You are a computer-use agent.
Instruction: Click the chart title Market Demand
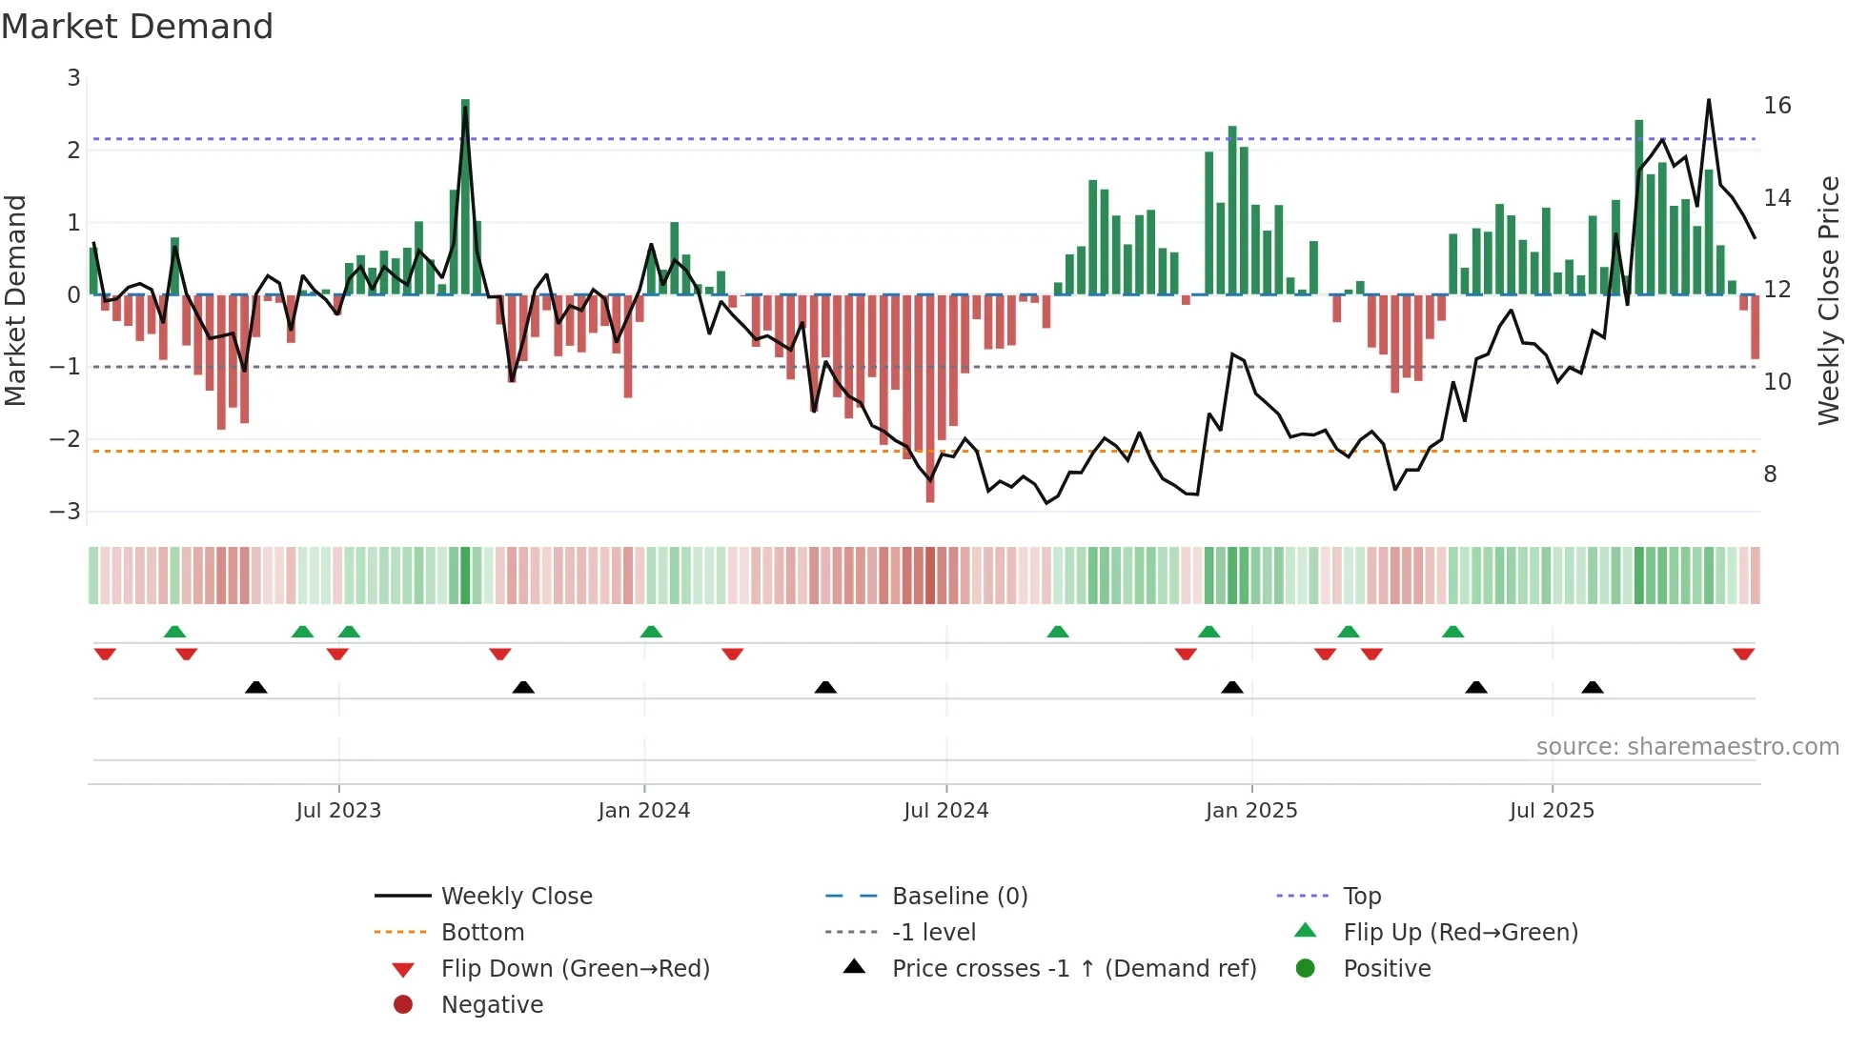[x=137, y=27]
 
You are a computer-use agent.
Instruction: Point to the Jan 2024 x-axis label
[x=643, y=810]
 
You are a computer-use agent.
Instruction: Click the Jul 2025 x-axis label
[x=1551, y=810]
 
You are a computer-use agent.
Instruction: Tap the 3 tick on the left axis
[x=73, y=78]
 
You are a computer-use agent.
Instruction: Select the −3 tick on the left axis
[x=66, y=511]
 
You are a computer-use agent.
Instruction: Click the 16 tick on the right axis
[x=1777, y=105]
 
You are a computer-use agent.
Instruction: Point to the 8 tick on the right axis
[x=1770, y=474]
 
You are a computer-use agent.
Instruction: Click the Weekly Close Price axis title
[x=1828, y=300]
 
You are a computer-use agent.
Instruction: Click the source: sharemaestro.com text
[x=1687, y=746]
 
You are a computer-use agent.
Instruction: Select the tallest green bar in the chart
[x=465, y=195]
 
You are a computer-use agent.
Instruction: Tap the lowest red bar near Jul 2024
[x=930, y=400]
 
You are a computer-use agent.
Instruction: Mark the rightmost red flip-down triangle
[x=1743, y=654]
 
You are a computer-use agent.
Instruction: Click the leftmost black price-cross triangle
[x=255, y=687]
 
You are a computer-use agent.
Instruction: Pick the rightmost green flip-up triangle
[x=1452, y=632]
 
